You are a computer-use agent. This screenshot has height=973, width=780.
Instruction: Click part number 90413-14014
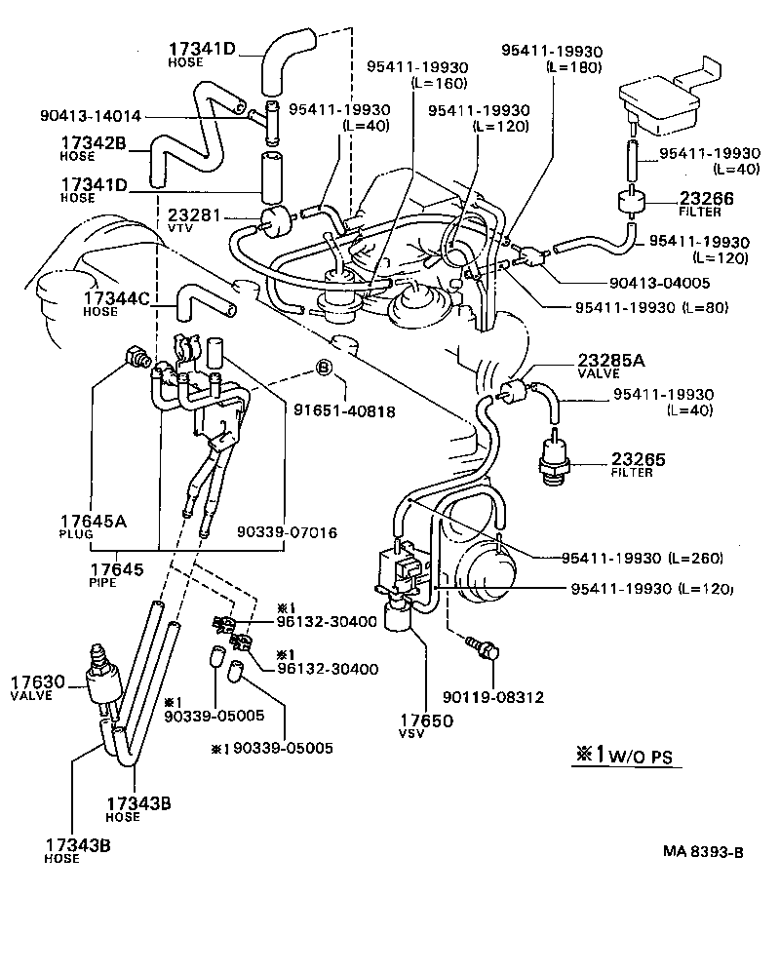click(x=91, y=116)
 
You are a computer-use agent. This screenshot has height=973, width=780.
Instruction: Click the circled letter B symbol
click(x=323, y=369)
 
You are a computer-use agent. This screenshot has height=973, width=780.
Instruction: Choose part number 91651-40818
click(x=344, y=411)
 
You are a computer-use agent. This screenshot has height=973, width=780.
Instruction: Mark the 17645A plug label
click(x=94, y=526)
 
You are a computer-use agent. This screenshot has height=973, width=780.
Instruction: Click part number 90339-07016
click(x=287, y=532)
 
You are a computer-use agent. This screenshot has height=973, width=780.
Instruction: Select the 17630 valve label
click(x=39, y=686)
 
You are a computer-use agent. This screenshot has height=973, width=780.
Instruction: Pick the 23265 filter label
click(x=639, y=464)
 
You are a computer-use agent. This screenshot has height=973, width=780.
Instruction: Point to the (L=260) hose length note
click(x=695, y=559)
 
